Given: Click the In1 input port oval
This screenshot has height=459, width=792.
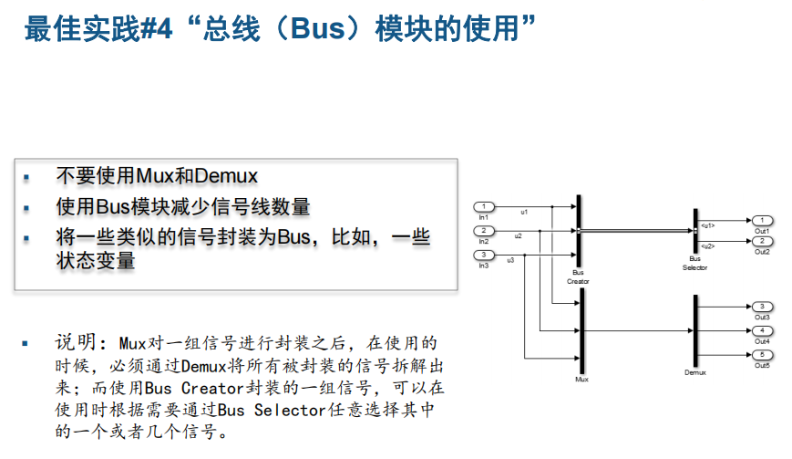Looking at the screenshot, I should pos(484,206).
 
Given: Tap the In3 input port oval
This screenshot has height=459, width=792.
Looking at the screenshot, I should pos(484,255).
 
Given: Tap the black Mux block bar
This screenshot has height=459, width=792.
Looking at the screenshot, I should pos(580,330).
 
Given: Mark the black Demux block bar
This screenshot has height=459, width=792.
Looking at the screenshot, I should pos(695,330).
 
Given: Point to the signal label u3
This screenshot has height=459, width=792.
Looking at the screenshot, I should pos(510,261).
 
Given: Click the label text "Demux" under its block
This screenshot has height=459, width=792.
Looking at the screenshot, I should pos(695,373).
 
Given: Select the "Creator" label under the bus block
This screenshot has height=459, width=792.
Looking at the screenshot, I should pos(579,281).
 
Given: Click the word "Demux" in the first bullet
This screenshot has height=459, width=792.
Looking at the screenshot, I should pos(227,176).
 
